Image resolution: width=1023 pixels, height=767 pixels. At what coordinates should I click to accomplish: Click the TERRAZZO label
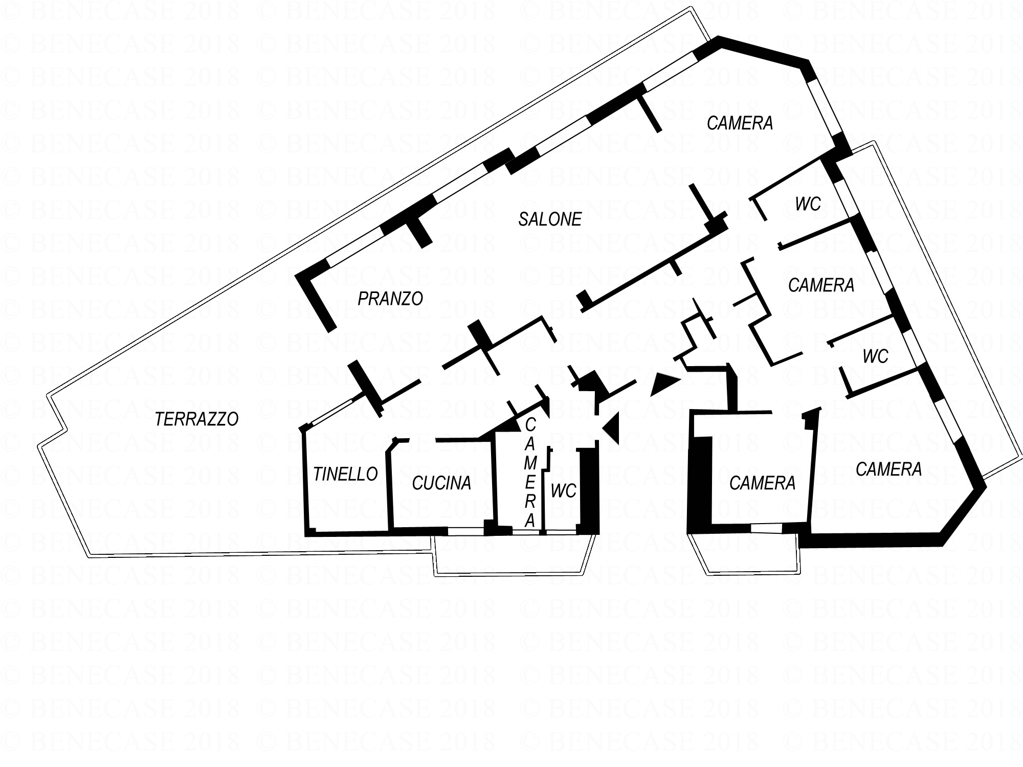[197, 419]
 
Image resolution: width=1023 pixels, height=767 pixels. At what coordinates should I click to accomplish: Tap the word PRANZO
[390, 299]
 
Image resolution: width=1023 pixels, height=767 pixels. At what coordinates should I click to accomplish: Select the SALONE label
[550, 219]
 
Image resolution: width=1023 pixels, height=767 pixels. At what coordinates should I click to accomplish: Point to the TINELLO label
[345, 475]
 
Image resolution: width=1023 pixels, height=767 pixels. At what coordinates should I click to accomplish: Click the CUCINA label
[441, 483]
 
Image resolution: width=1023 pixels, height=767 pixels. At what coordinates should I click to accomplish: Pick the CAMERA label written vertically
[530, 472]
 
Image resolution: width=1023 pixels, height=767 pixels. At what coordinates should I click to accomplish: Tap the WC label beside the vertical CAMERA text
[564, 491]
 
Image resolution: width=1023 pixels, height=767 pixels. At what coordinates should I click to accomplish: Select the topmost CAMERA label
[740, 123]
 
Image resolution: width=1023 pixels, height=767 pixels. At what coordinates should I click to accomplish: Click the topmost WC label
[808, 205]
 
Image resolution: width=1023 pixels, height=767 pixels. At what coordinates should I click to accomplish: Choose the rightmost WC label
[876, 356]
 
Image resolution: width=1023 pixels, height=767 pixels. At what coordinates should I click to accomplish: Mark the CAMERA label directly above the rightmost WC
[821, 285]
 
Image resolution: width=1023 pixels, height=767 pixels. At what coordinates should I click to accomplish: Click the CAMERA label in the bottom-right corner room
[888, 469]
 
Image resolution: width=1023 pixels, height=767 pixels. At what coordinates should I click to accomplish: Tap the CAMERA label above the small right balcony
[762, 483]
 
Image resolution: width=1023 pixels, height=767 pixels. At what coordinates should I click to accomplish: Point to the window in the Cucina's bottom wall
[466, 531]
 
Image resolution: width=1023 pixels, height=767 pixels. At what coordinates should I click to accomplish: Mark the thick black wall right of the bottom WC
[589, 491]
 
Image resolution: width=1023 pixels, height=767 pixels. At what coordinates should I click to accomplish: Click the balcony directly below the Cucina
[514, 555]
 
